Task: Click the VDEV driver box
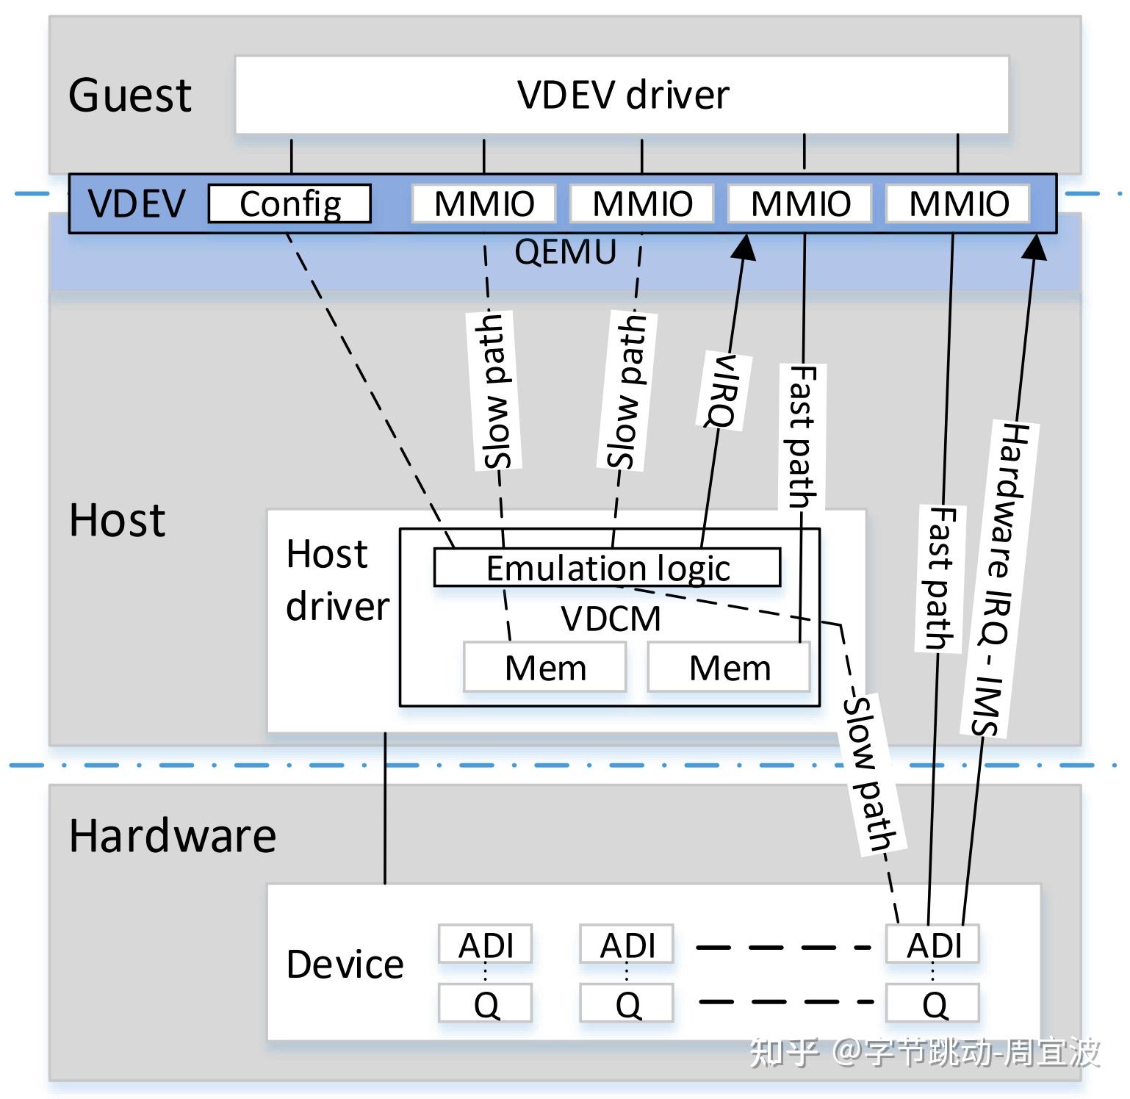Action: click(x=622, y=95)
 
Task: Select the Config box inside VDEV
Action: click(x=289, y=203)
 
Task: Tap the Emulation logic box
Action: click(x=607, y=567)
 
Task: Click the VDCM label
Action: click(x=611, y=618)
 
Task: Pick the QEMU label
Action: click(x=565, y=252)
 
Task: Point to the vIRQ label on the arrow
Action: click(x=720, y=390)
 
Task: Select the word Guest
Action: click(x=130, y=95)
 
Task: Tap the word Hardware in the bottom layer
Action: click(x=173, y=835)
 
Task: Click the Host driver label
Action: click(x=337, y=580)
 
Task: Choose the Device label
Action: click(x=345, y=964)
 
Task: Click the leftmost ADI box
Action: click(x=485, y=945)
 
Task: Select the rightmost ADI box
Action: click(x=933, y=945)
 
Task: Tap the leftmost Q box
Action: click(x=485, y=1003)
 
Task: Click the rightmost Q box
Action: click(x=933, y=1003)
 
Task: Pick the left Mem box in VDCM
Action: click(x=545, y=667)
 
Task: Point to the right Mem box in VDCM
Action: click(x=729, y=667)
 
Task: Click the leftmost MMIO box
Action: click(x=483, y=203)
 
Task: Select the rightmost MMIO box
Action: click(x=958, y=203)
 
